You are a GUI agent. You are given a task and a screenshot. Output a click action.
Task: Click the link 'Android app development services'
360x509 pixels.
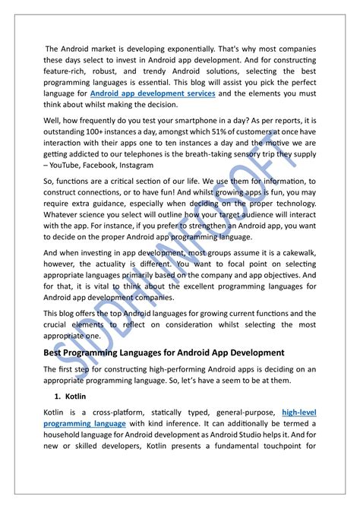(x=152, y=92)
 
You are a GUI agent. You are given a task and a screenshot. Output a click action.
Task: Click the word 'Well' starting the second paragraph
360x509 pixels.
(x=53, y=119)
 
